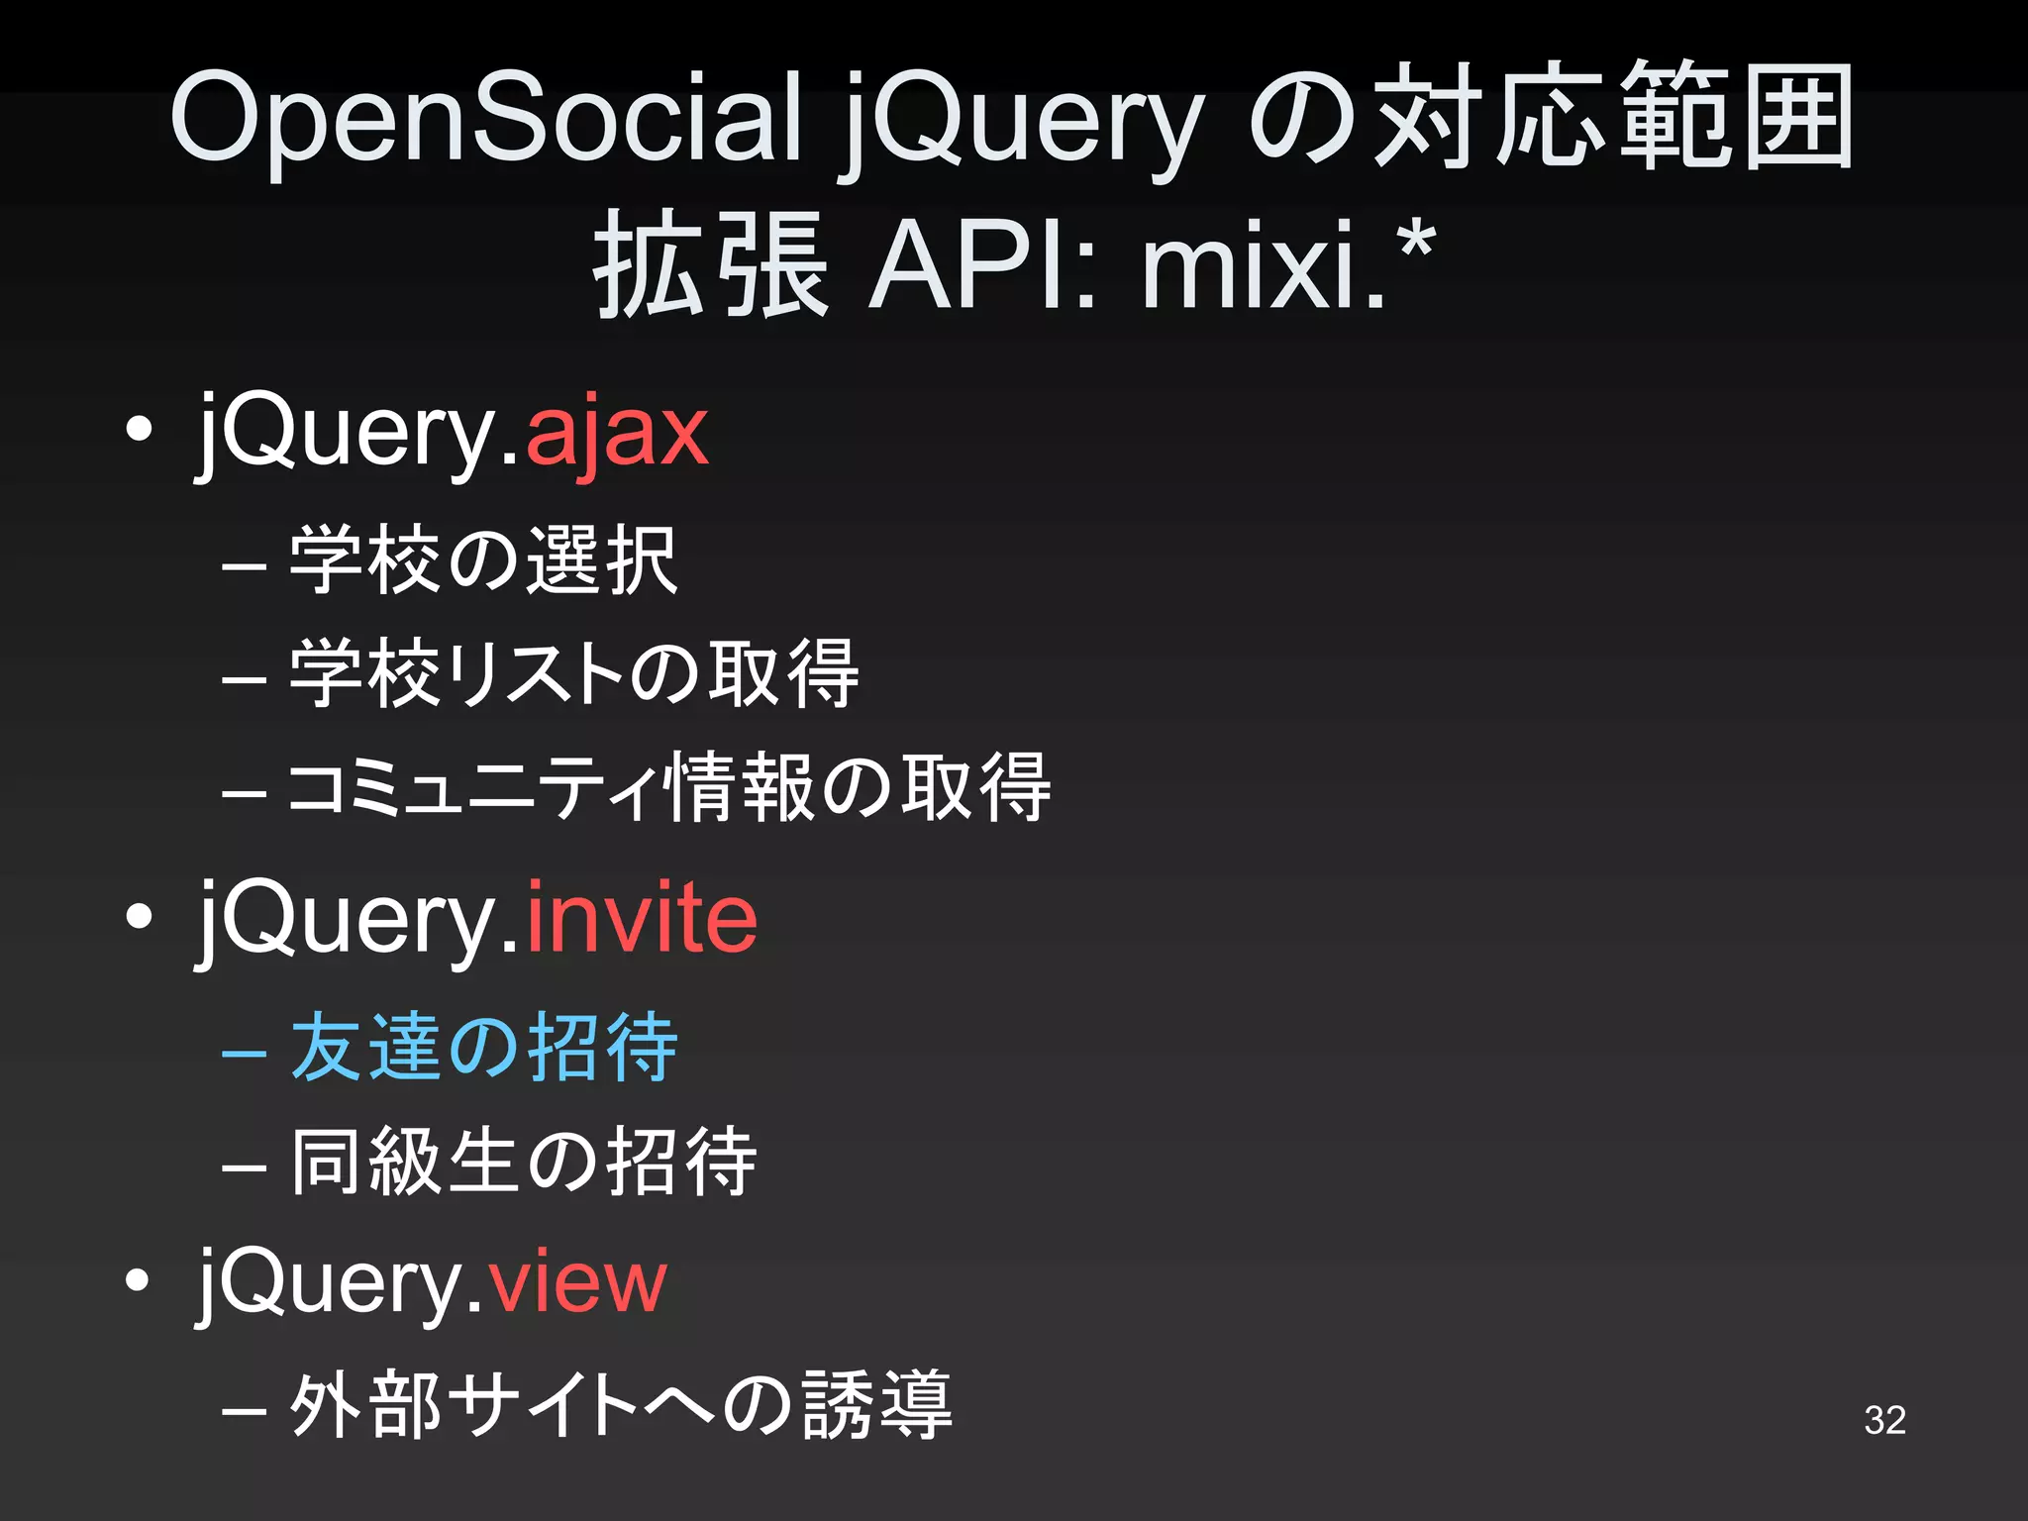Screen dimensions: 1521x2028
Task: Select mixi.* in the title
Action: (1287, 265)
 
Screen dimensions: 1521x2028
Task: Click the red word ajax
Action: (616, 434)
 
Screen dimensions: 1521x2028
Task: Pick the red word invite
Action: (641, 919)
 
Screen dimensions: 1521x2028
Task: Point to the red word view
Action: (576, 1282)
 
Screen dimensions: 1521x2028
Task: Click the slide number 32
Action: (1884, 1420)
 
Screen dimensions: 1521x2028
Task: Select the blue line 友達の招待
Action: (483, 1048)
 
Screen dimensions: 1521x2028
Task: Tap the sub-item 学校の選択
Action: (483, 560)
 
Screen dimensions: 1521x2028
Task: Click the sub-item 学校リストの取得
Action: (574, 674)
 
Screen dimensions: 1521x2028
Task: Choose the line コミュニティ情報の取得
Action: (669, 788)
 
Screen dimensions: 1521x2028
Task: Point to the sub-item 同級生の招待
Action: (523, 1162)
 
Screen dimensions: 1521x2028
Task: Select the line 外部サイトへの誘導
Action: (621, 1405)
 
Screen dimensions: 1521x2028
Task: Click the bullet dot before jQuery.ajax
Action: (140, 430)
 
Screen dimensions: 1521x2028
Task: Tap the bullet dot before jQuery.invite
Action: (140, 917)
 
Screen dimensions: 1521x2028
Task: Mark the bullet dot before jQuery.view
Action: (140, 1280)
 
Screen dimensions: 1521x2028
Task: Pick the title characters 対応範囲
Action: (1614, 117)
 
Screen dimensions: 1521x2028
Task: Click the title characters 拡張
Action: (710, 265)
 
